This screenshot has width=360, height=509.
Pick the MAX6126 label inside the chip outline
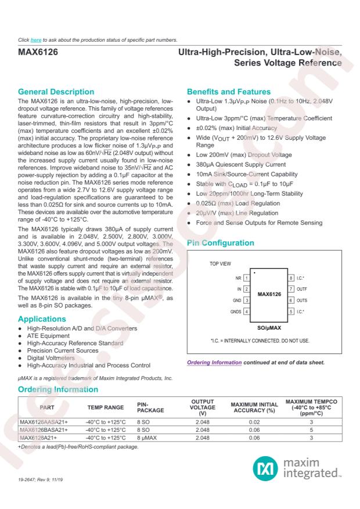point(269,295)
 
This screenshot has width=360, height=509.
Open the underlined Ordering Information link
point(213,363)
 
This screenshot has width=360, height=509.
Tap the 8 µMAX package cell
point(149,437)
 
